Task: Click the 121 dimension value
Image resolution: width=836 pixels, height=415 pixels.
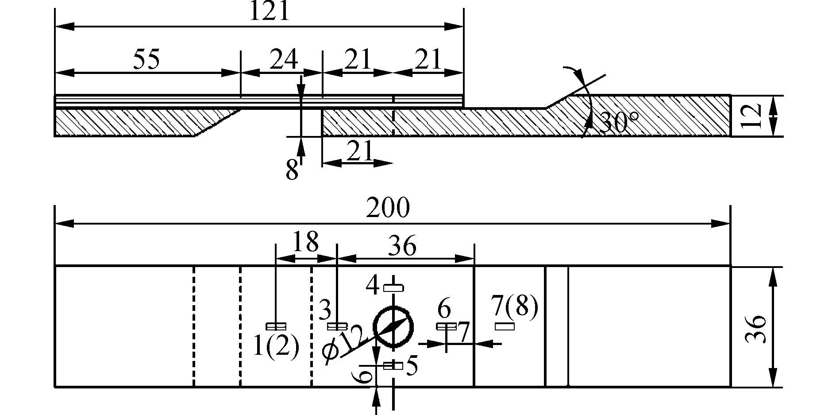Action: tap(270, 12)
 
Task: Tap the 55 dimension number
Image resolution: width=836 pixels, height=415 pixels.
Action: tap(146, 60)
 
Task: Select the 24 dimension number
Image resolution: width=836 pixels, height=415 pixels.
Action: tap(283, 60)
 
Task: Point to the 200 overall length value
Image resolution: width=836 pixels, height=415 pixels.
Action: tap(388, 208)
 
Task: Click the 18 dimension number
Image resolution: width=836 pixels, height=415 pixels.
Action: tap(306, 242)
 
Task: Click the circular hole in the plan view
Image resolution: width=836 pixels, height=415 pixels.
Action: tap(393, 327)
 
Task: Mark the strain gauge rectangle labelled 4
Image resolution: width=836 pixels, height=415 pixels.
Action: tap(393, 288)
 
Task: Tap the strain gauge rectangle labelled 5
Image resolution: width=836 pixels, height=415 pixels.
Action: tap(393, 366)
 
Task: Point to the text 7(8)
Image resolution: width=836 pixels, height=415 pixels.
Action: tap(515, 306)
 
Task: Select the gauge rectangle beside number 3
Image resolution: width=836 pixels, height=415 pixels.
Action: tap(337, 327)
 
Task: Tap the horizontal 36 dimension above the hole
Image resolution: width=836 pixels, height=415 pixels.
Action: tap(402, 246)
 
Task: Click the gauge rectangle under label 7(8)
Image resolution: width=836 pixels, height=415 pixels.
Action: tap(505, 327)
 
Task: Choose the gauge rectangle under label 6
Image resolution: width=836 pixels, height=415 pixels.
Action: tap(446, 327)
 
